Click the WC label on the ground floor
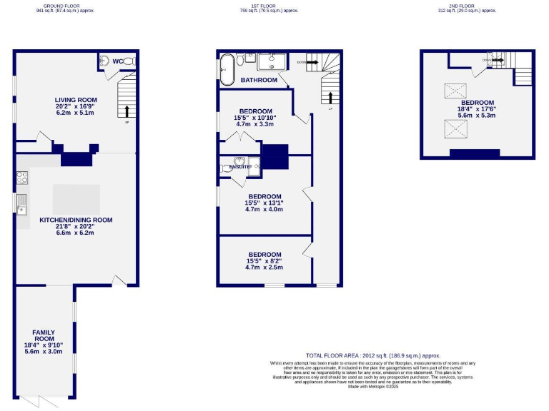pyautogui.click(x=117, y=61)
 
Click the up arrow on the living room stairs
pyautogui.click(x=127, y=111)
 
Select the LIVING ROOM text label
pyautogui.click(x=76, y=99)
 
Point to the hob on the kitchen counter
pyautogui.click(x=21, y=177)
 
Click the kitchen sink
pyautogui.click(x=21, y=203)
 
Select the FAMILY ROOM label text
pyautogui.click(x=44, y=336)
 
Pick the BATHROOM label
pyautogui.click(x=258, y=80)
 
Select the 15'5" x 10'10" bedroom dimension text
pyautogui.click(x=255, y=118)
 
